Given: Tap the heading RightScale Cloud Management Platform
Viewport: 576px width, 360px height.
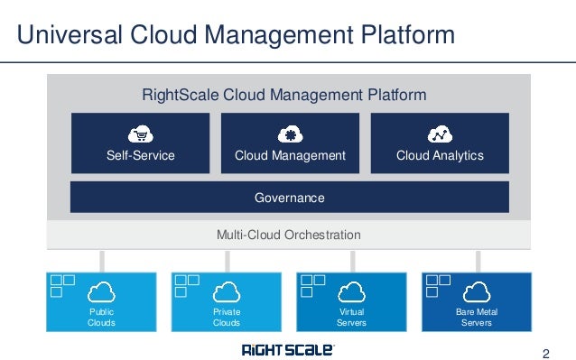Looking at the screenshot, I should [x=284, y=95].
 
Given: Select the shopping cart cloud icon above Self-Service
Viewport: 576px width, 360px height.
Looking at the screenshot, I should [x=140, y=134].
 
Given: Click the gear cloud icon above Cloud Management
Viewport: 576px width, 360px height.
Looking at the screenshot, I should [x=290, y=134].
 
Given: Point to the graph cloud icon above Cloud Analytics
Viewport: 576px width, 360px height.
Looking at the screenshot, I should [x=440, y=134].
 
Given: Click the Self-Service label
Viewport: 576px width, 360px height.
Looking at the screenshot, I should [x=140, y=156].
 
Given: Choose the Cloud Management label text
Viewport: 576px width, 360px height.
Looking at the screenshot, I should [x=290, y=156].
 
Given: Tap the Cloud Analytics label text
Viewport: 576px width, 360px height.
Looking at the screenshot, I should [x=440, y=156].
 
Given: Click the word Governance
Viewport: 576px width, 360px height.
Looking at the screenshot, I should [x=290, y=197].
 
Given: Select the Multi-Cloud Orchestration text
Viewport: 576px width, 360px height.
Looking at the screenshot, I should [x=289, y=235].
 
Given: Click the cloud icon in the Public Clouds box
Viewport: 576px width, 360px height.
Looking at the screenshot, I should [x=102, y=291].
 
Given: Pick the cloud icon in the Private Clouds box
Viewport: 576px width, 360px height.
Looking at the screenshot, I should [x=227, y=291].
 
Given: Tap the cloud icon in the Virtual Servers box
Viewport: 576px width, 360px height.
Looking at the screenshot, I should [x=351, y=291].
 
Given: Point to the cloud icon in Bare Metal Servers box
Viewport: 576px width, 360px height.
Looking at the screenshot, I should [x=476, y=291].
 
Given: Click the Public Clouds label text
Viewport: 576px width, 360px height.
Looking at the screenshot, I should [x=102, y=317].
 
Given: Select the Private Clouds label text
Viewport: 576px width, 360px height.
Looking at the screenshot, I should [x=227, y=317].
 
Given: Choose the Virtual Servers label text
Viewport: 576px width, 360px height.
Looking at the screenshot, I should [x=351, y=317].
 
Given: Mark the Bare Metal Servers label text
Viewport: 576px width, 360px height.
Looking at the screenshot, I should [x=476, y=317].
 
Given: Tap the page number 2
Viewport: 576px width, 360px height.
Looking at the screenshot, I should [x=544, y=351].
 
